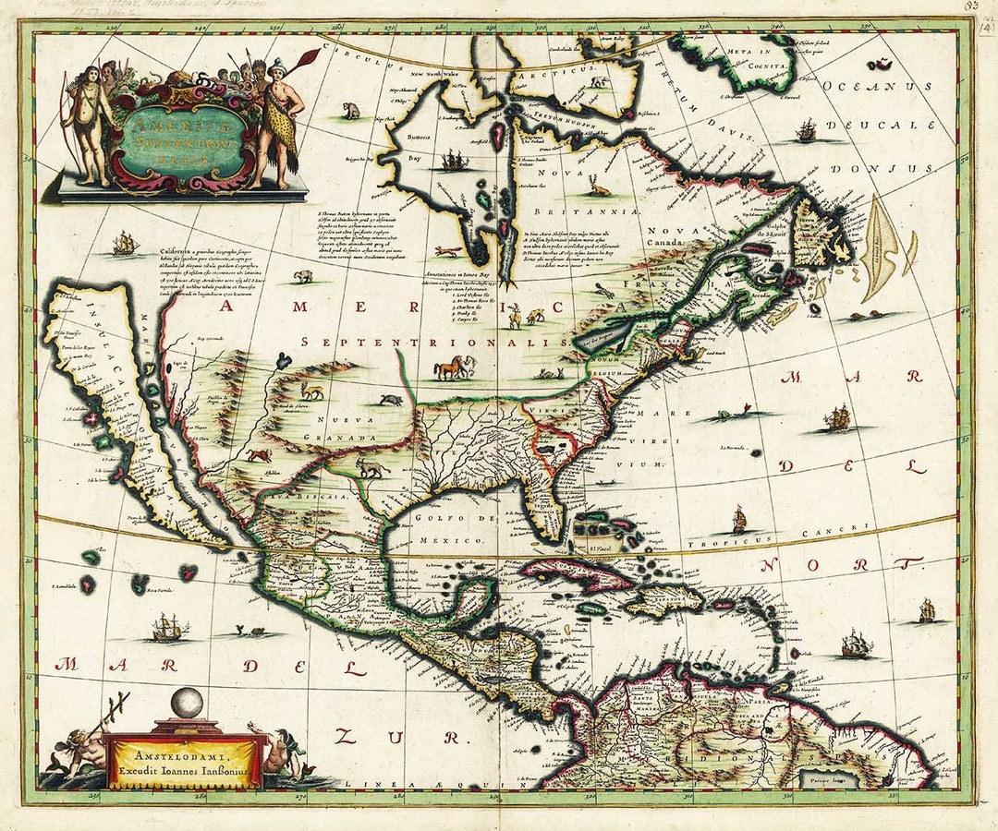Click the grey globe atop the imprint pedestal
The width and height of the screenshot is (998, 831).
tap(188, 704)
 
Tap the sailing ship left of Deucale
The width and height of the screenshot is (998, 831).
tap(806, 130)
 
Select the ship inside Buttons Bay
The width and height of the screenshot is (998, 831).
tap(454, 161)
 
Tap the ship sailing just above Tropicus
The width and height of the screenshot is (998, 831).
tap(738, 520)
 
